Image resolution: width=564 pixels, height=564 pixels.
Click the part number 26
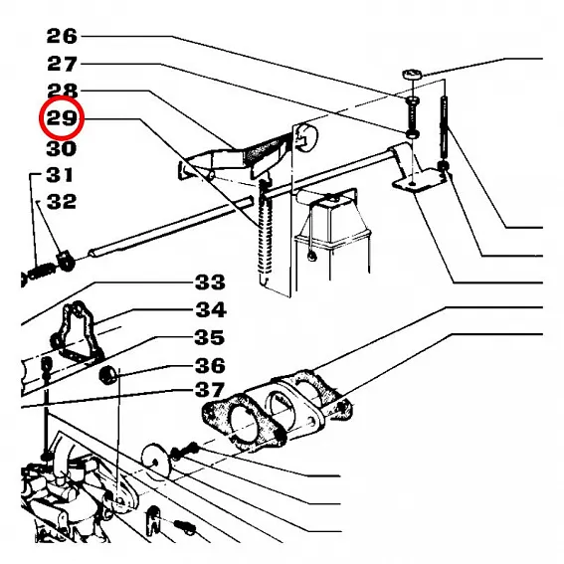(62, 37)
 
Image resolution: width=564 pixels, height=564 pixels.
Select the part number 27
(62, 64)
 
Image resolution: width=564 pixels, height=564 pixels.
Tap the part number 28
(62, 91)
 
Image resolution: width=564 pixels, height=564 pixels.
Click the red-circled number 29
(62, 117)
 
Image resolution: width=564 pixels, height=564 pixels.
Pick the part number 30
(62, 148)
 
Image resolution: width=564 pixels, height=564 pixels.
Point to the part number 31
(60, 175)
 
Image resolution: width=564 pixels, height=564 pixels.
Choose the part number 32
(62, 201)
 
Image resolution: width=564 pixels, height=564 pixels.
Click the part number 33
(210, 282)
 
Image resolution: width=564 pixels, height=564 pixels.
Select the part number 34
(211, 309)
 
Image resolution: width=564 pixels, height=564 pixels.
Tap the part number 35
(209, 337)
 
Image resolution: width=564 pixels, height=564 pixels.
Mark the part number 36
(210, 365)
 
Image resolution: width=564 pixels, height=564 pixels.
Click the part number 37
(209, 390)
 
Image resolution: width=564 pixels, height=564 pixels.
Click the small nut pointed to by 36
(107, 375)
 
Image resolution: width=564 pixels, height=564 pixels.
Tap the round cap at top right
(412, 75)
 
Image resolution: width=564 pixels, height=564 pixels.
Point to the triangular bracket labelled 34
(77, 331)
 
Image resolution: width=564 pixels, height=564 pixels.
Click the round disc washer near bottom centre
(155, 461)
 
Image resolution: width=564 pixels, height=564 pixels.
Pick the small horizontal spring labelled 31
(40, 272)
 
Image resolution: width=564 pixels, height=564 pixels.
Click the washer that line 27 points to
(412, 134)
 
